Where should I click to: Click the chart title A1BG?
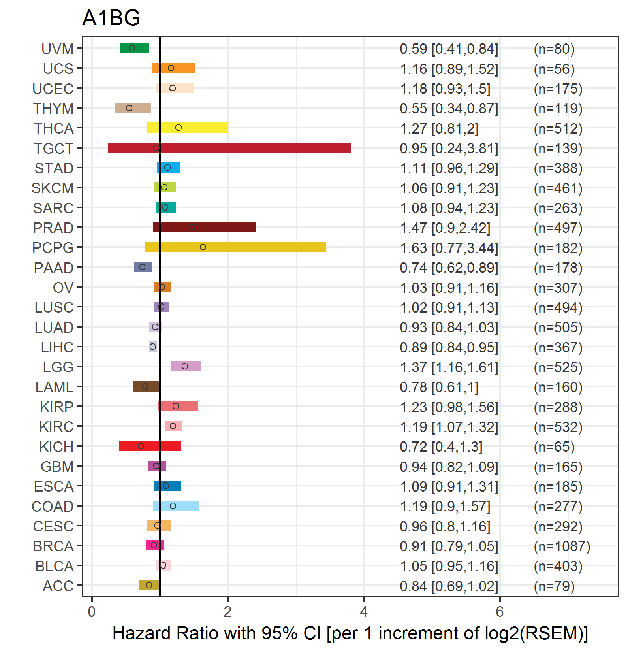(x=111, y=18)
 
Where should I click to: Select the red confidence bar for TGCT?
(x=229, y=148)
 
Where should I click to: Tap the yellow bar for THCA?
(x=187, y=128)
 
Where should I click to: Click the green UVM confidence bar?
(x=134, y=48)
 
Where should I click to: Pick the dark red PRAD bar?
(x=205, y=227)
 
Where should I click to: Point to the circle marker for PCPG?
(x=203, y=247)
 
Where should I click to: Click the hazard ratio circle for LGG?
(x=185, y=366)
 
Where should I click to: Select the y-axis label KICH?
(x=56, y=447)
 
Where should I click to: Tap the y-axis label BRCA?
(x=53, y=546)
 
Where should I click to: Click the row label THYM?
(x=53, y=109)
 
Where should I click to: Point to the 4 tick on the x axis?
(x=364, y=599)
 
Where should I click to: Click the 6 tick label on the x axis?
(x=500, y=612)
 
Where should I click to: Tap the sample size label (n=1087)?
(x=562, y=546)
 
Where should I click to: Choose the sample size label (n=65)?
(x=554, y=447)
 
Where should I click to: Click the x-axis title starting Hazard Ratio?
(x=350, y=633)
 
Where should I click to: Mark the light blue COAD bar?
(x=176, y=506)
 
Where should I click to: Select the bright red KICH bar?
(x=150, y=446)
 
